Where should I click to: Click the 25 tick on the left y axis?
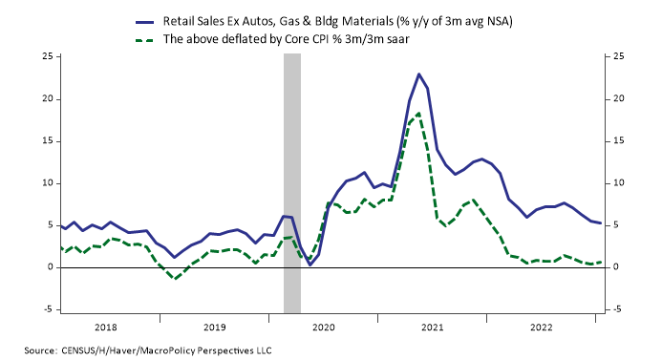click(45, 56)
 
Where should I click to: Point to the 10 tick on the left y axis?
click(45, 183)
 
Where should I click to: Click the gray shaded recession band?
click(292, 181)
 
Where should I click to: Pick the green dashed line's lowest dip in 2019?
click(175, 278)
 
